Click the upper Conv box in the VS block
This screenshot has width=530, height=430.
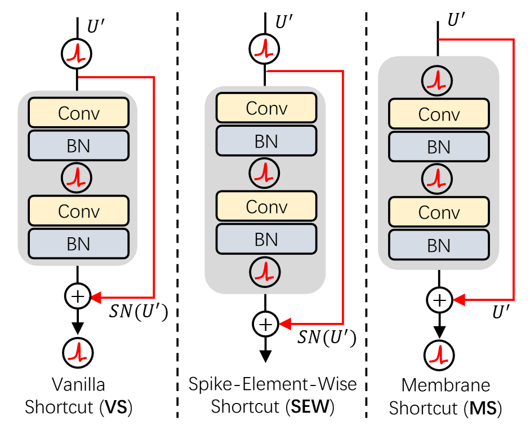point(79,113)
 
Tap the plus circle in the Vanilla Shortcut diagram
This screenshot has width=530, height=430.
point(77,296)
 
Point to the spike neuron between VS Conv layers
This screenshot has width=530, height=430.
point(77,178)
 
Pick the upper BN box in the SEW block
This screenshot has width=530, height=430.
point(266,140)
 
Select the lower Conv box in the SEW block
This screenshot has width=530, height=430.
point(266,206)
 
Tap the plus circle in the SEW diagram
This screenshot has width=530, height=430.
point(265,323)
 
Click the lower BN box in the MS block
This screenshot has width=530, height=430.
point(439,246)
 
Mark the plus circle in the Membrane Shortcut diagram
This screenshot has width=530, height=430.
point(439,300)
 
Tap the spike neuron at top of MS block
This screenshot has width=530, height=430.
point(439,82)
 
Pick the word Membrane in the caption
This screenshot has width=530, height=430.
point(438,385)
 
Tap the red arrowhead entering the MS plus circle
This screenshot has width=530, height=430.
point(458,300)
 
